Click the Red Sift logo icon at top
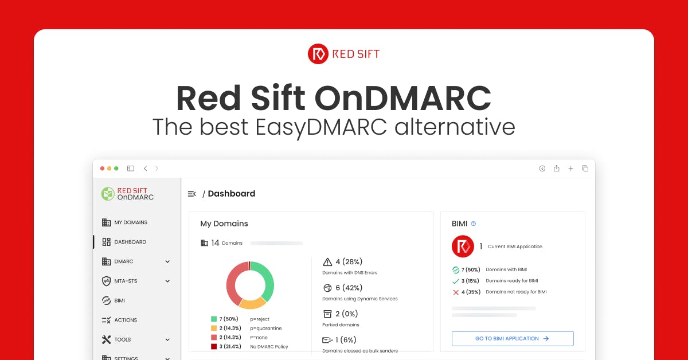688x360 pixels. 318,54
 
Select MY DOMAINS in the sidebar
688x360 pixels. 131,222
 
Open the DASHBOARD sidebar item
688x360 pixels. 130,242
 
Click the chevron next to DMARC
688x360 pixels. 167,262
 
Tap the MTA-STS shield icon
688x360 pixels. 106,281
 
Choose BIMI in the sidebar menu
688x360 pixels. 119,300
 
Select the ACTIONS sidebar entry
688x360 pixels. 126,320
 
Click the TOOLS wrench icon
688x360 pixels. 106,339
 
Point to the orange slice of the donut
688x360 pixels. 252,303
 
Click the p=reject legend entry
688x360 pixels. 260,319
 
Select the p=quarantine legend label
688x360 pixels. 265,328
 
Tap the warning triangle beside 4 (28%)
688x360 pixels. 327,262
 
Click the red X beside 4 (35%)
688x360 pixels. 456,292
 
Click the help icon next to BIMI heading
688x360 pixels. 474,224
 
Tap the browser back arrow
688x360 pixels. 145,169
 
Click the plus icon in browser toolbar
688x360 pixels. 570,169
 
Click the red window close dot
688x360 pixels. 102,169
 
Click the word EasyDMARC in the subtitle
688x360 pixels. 321,127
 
